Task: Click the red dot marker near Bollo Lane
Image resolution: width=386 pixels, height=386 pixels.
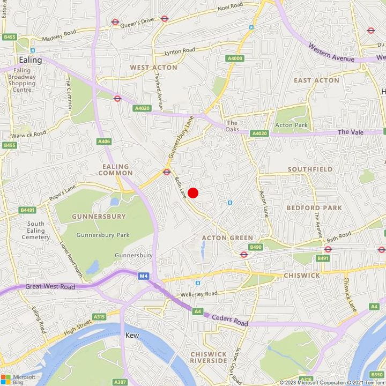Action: (x=193, y=192)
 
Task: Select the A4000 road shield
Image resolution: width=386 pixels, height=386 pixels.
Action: (x=234, y=58)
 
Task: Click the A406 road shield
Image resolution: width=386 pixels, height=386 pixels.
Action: (x=104, y=142)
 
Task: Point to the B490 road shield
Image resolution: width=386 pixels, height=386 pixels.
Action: (x=256, y=247)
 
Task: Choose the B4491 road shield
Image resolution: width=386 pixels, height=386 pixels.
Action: (x=27, y=210)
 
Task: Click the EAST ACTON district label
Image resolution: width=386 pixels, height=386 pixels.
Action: (x=316, y=80)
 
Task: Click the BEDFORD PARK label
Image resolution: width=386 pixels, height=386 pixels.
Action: (x=310, y=207)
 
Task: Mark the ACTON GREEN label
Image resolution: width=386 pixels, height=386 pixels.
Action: (x=227, y=237)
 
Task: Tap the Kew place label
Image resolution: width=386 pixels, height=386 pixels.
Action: (x=132, y=335)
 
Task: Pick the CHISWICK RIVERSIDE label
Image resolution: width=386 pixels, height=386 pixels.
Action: (x=209, y=357)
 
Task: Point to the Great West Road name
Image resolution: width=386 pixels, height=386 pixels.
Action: (x=51, y=287)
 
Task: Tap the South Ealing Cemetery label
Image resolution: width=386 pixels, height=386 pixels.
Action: (x=36, y=231)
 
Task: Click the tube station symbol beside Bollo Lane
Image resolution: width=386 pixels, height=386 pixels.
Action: (x=166, y=172)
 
